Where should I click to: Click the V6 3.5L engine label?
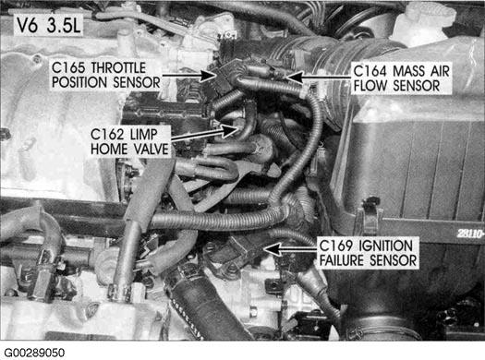click(49, 25)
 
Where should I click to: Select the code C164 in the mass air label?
click(370, 71)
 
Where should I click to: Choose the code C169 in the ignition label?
click(335, 246)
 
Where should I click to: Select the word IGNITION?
click(386, 246)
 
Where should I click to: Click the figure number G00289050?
click(34, 353)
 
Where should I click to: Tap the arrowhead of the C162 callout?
click(229, 130)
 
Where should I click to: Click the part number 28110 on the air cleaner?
click(470, 234)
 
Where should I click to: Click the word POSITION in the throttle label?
click(79, 82)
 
